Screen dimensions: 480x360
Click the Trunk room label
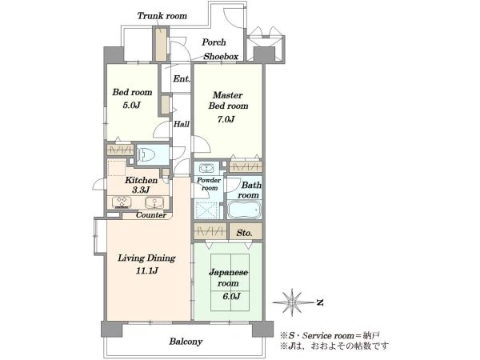(x=162, y=16)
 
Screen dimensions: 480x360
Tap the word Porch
(x=214, y=42)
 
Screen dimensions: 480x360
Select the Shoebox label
(x=221, y=56)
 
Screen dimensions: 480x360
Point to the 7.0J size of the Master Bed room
(x=226, y=118)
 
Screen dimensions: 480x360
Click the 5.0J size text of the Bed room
(x=131, y=105)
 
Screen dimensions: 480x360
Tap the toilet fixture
(x=146, y=154)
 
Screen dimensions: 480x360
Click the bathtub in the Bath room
(x=244, y=210)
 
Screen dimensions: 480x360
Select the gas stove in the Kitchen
(x=122, y=202)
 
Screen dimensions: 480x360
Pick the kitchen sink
(x=154, y=202)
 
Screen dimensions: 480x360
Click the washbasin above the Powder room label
(x=207, y=168)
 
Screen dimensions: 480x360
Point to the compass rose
(x=292, y=302)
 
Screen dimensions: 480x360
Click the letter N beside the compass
(x=320, y=302)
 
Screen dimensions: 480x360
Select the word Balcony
(x=186, y=342)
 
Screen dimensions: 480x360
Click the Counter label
(x=151, y=215)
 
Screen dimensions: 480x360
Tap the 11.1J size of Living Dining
(x=147, y=270)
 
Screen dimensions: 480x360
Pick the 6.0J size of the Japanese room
(x=231, y=296)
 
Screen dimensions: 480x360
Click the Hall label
(x=182, y=124)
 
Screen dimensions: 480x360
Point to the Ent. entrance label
(x=182, y=78)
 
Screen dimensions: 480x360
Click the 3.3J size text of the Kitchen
(x=141, y=190)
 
